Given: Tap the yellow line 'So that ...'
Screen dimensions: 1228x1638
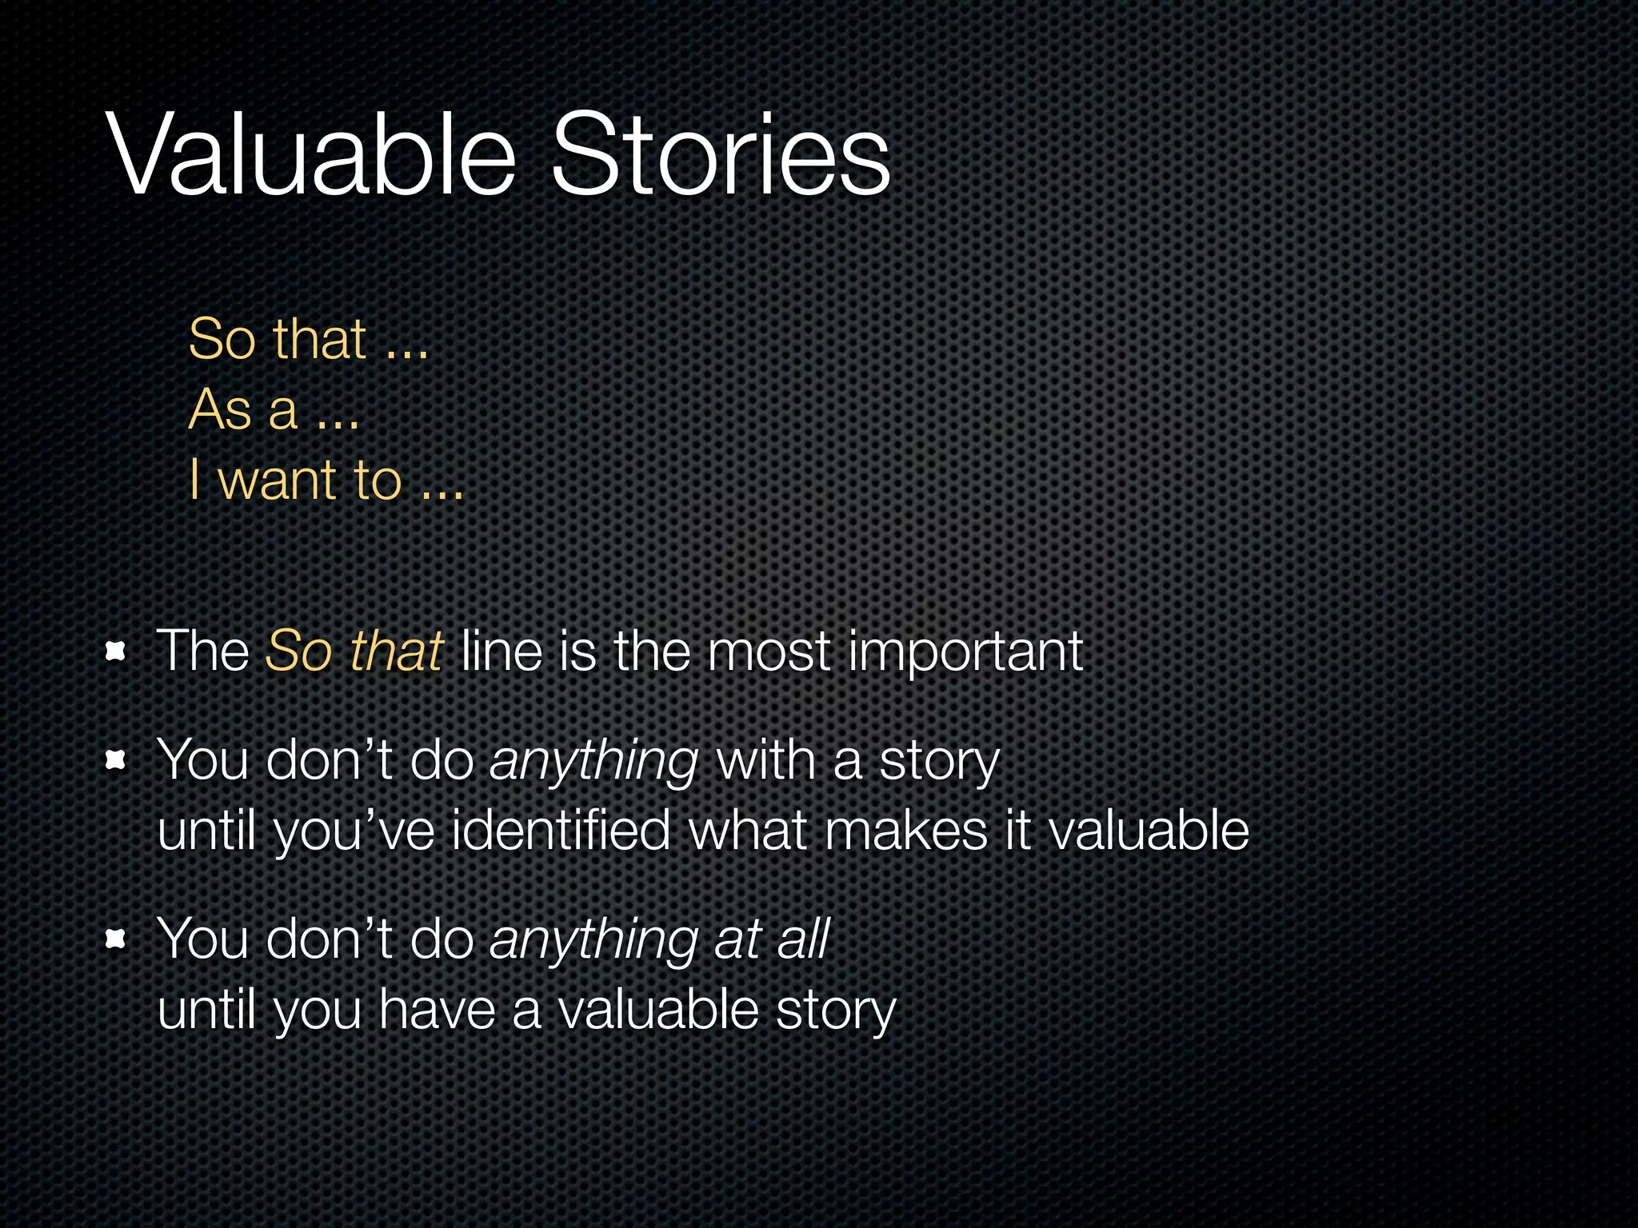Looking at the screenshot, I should (309, 339).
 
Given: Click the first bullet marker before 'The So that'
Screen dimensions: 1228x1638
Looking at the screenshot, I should (117, 652).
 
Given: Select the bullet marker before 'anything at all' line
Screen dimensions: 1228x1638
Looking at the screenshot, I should (117, 940).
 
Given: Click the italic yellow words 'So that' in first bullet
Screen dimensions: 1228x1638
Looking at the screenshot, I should (354, 651).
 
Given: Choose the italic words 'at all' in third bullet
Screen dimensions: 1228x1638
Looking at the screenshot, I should (772, 939).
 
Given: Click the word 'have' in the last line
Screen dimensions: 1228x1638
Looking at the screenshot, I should (437, 1009).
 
